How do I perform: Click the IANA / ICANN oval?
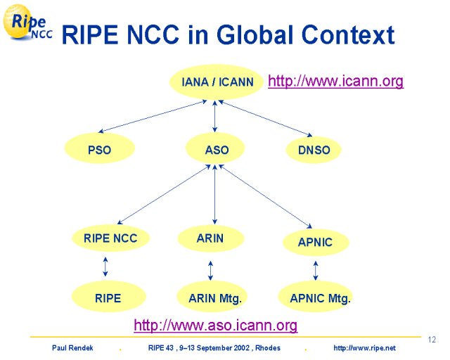[x=216, y=82]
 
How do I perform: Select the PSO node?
[x=100, y=148]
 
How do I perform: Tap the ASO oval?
[x=215, y=148]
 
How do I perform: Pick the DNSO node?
[x=314, y=150]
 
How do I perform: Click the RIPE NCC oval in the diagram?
[x=111, y=238]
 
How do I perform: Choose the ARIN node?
[x=211, y=238]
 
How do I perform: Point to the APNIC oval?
[x=316, y=242]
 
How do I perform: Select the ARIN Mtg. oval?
[x=212, y=297]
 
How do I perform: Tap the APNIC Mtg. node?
[x=316, y=297]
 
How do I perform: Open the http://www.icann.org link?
[x=336, y=82]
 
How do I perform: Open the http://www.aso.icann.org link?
[x=216, y=326]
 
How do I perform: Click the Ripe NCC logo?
[x=27, y=23]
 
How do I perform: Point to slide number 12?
[x=432, y=340]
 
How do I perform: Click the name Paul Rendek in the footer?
[x=72, y=348]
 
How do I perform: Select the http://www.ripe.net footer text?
[x=364, y=348]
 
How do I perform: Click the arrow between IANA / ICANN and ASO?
[x=214, y=116]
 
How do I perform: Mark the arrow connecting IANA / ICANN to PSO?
[x=153, y=116]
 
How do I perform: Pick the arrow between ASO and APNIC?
[x=265, y=196]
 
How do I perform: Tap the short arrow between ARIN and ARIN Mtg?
[x=210, y=271]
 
